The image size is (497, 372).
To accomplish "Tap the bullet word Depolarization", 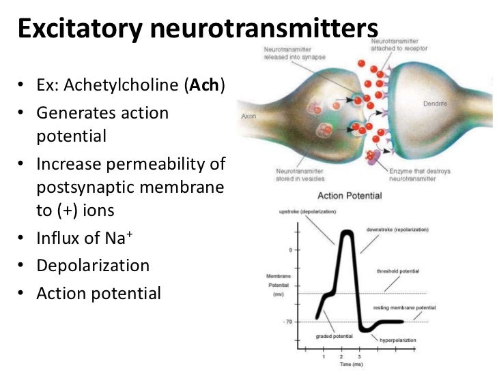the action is point(93,266).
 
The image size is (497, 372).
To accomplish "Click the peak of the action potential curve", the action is point(347,234).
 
